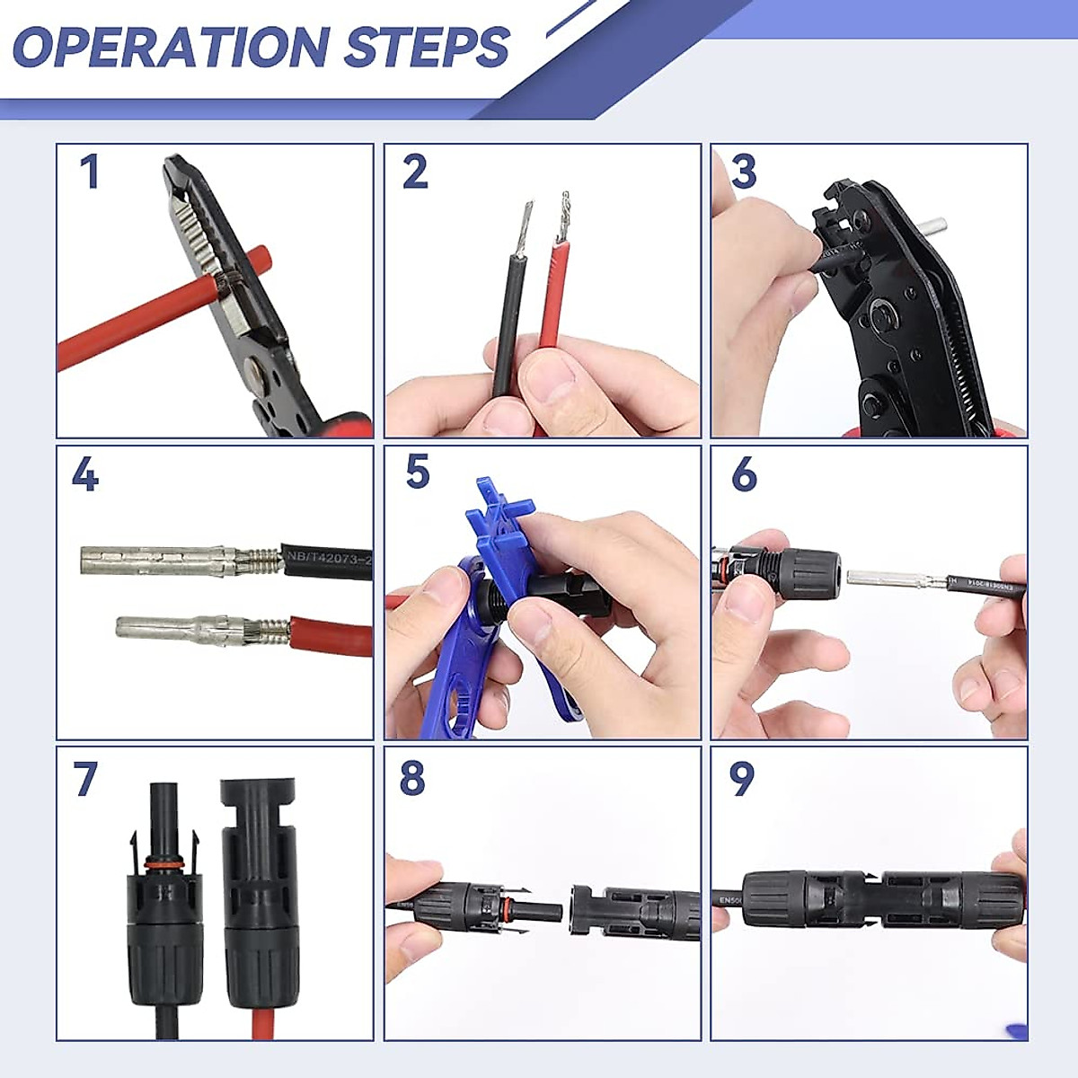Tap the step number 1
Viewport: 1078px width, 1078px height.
[x=88, y=172]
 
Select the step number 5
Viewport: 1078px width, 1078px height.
[x=418, y=472]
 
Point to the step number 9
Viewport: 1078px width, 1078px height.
[x=742, y=779]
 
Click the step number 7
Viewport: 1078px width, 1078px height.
[x=85, y=779]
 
